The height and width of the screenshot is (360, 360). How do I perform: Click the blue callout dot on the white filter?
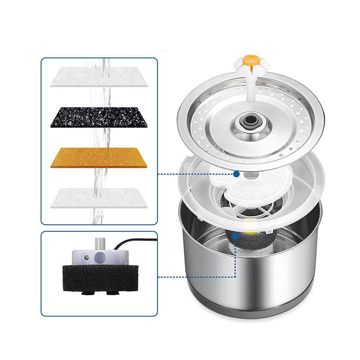point(236,174)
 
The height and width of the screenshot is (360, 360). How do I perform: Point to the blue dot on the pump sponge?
point(235,235)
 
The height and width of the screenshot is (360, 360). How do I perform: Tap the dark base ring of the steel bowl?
point(252,310)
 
